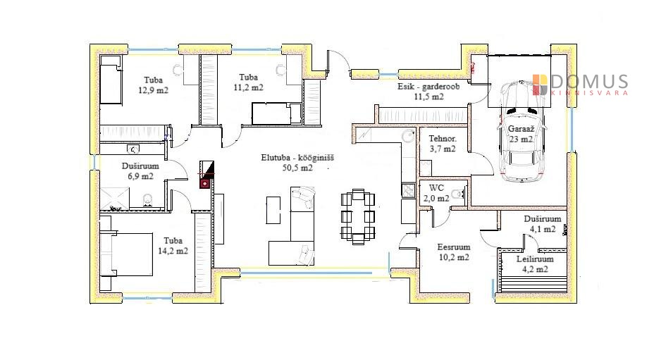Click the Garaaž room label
tap(521, 129)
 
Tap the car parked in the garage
tap(522, 131)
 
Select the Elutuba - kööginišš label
tap(297, 158)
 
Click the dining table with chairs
tap(358, 216)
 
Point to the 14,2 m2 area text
tap(173, 251)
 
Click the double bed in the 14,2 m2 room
tap(127, 254)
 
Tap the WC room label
tap(436, 187)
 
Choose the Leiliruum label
tap(535, 259)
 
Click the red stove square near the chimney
tap(205, 183)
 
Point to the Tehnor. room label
tap(443, 138)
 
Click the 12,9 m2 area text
tap(153, 90)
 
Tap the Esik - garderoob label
tap(428, 87)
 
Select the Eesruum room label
tap(454, 247)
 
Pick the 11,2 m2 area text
tap(248, 87)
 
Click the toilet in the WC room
tap(458, 194)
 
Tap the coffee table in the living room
tap(273, 210)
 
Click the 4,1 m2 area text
tap(543, 229)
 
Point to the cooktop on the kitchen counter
tap(408, 191)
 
